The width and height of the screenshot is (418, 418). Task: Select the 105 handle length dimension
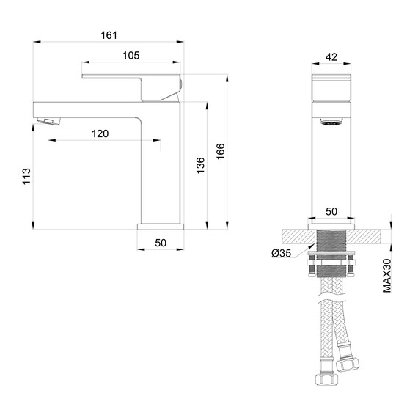tap(131, 56)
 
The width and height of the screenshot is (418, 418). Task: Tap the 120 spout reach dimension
tap(100, 133)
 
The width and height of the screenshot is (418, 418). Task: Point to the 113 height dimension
tap(26, 176)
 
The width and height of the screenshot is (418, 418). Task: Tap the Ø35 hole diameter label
tap(281, 253)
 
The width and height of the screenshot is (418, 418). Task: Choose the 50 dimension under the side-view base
tap(161, 243)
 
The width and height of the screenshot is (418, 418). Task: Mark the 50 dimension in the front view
tap(331, 211)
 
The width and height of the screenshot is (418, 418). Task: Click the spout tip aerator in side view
tap(45, 119)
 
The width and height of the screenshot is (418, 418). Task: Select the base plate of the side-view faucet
tap(161, 227)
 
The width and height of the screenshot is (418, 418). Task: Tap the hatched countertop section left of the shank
tap(297, 237)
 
